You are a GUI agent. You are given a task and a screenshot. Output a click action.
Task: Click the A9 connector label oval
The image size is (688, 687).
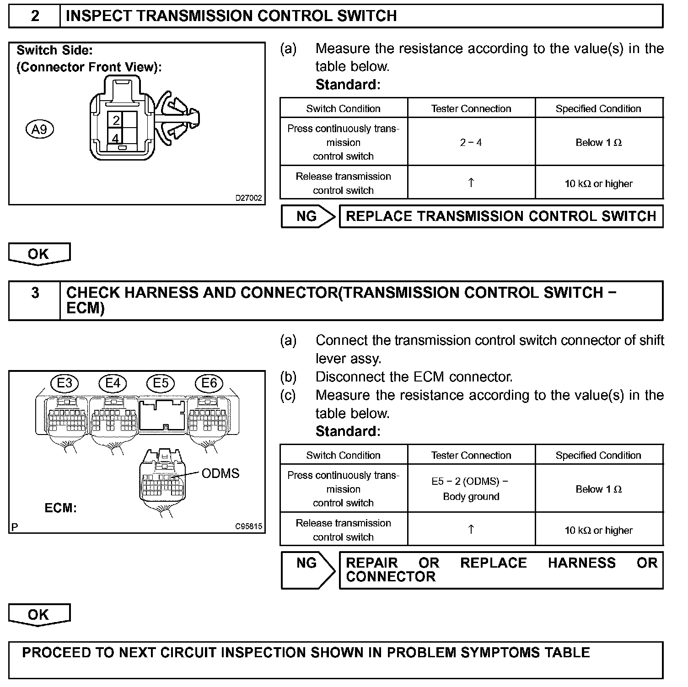pyautogui.click(x=40, y=129)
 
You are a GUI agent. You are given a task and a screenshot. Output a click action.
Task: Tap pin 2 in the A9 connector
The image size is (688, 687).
pyautogui.click(x=116, y=120)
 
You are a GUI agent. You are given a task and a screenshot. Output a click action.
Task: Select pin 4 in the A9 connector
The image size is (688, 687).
pyautogui.click(x=115, y=138)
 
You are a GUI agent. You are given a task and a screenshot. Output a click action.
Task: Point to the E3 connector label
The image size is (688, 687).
pyautogui.click(x=64, y=383)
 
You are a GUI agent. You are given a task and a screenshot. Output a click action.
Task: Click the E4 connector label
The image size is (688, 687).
pyautogui.click(x=113, y=383)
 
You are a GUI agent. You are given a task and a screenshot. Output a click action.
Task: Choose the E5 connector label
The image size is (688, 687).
pyautogui.click(x=161, y=383)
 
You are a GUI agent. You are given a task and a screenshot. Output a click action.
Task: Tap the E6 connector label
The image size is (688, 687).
pyautogui.click(x=209, y=383)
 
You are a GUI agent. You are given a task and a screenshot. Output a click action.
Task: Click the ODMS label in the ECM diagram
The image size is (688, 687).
pyautogui.click(x=220, y=473)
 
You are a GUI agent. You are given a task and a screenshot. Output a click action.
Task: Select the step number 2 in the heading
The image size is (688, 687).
pyautogui.click(x=35, y=16)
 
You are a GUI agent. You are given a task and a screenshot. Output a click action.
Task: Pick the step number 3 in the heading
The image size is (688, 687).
pyautogui.click(x=35, y=293)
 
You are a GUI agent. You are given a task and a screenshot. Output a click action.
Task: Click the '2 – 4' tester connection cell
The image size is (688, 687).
pyautogui.click(x=471, y=142)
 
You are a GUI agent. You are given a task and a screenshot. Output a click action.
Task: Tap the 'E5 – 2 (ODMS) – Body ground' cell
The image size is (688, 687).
pyautogui.click(x=471, y=488)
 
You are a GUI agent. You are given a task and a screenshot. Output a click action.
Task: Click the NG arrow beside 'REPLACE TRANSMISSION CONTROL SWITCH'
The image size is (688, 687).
pyautogui.click(x=307, y=216)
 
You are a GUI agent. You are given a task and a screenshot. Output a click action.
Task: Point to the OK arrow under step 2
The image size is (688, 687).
pyautogui.click(x=39, y=254)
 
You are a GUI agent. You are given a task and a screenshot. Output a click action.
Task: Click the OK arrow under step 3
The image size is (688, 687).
pyautogui.click(x=39, y=615)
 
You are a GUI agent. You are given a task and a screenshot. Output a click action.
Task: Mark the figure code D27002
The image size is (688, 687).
pyautogui.click(x=248, y=198)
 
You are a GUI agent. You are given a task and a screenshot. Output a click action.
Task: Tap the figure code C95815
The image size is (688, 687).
pyautogui.click(x=248, y=526)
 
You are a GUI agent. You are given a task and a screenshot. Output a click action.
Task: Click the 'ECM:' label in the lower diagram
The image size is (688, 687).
pyautogui.click(x=60, y=508)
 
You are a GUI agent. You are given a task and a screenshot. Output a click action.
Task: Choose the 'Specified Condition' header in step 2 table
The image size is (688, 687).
pyautogui.click(x=598, y=108)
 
